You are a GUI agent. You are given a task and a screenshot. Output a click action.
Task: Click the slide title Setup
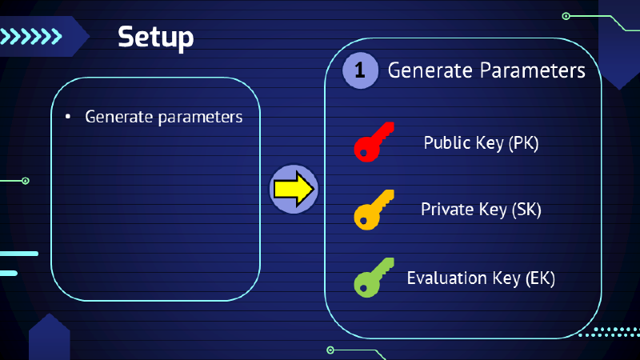pyautogui.click(x=155, y=37)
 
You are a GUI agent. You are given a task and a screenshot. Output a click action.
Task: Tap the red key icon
pyautogui.click(x=374, y=142)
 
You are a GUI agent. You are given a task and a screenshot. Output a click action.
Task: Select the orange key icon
pyautogui.click(x=374, y=210)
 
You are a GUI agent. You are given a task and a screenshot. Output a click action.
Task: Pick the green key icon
pyautogui.click(x=374, y=277)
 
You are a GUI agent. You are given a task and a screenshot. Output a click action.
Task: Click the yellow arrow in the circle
pyautogui.click(x=294, y=190)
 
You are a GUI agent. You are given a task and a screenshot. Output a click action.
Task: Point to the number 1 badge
pyautogui.click(x=360, y=70)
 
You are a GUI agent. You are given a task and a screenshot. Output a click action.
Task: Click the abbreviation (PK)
pyautogui.click(x=523, y=143)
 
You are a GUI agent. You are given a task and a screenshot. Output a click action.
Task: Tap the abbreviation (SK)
pyautogui.click(x=526, y=210)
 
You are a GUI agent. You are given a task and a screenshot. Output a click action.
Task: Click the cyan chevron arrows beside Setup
pyautogui.click(x=32, y=36)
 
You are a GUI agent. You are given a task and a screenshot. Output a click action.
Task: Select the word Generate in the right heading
pyautogui.click(x=428, y=70)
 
